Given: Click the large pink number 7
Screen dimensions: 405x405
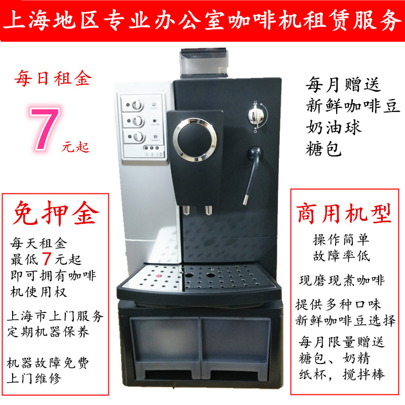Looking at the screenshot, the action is click(x=45, y=129).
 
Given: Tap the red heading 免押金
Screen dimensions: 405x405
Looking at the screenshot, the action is click(x=56, y=214).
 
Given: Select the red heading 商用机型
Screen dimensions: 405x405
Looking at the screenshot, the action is click(x=344, y=213).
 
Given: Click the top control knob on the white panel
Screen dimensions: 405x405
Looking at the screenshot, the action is click(x=137, y=105).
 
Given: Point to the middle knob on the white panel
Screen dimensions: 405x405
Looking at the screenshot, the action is click(x=138, y=120).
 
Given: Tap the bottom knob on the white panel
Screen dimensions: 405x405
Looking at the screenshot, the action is click(x=138, y=137).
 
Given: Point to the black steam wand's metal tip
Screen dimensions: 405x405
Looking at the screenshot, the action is click(x=246, y=199).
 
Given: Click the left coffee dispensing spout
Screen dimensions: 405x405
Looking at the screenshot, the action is click(x=186, y=210).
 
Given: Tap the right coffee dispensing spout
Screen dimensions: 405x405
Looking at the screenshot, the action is click(x=209, y=210).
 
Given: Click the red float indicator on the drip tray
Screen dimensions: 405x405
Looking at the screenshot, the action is click(x=158, y=276).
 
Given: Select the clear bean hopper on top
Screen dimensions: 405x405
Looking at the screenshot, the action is click(x=204, y=62).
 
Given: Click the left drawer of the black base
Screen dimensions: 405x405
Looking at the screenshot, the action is click(x=165, y=347).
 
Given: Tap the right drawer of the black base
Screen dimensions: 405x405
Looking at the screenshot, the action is click(x=235, y=347).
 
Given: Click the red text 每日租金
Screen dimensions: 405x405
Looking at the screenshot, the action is click(x=53, y=78).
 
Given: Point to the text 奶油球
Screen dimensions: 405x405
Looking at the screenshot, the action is click(x=334, y=128).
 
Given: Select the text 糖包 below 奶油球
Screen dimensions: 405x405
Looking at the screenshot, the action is click(x=323, y=148).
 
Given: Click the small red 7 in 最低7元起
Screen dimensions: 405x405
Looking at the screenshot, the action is click(x=46, y=259).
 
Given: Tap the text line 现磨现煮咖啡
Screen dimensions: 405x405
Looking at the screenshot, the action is click(x=342, y=280).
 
